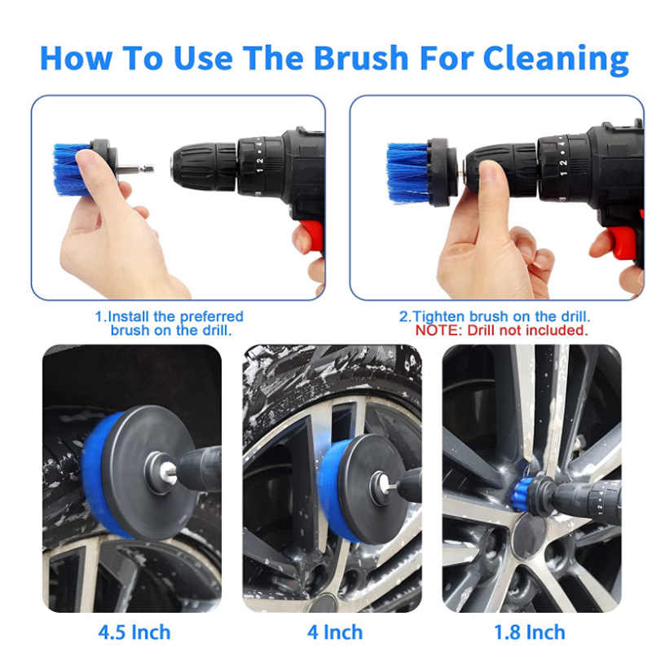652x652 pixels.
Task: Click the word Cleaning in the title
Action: pos(556,59)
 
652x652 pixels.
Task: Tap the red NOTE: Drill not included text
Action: pos(501,330)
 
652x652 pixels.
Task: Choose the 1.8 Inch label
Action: pos(529,632)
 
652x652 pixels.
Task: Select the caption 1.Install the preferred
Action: pos(170,316)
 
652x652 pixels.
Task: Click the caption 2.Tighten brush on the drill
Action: pos(495,316)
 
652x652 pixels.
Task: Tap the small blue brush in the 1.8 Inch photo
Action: pos(522,491)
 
